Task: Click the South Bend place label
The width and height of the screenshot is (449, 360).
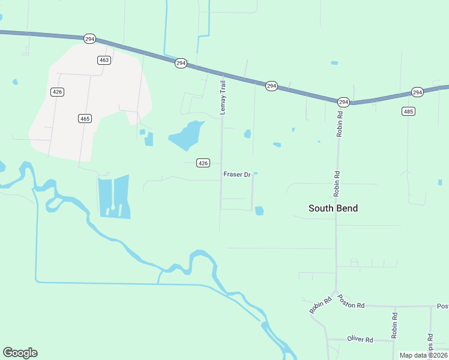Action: click(333, 208)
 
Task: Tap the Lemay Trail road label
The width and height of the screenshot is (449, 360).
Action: click(222, 98)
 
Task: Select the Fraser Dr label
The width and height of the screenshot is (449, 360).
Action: click(237, 175)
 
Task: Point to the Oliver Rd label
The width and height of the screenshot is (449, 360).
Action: click(360, 340)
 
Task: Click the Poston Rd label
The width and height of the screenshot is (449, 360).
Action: click(351, 302)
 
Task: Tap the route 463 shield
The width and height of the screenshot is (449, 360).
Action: click(104, 60)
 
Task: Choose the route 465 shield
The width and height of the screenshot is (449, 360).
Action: click(85, 119)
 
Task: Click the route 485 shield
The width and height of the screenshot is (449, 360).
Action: click(409, 112)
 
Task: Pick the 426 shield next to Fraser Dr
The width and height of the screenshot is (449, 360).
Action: click(203, 163)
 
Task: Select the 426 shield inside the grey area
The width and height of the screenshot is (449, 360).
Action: click(58, 92)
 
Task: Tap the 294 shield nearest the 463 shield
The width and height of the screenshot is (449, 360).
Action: click(90, 38)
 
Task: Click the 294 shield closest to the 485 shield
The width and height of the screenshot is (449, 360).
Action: click(417, 92)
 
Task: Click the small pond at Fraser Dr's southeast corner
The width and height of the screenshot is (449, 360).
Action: click(259, 211)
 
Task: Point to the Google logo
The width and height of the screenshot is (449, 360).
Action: click(20, 353)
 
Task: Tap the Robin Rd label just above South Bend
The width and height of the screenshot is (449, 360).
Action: click(339, 184)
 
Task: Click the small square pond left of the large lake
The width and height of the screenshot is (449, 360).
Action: click(148, 139)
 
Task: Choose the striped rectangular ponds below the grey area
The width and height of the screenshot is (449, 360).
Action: click(114, 196)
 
